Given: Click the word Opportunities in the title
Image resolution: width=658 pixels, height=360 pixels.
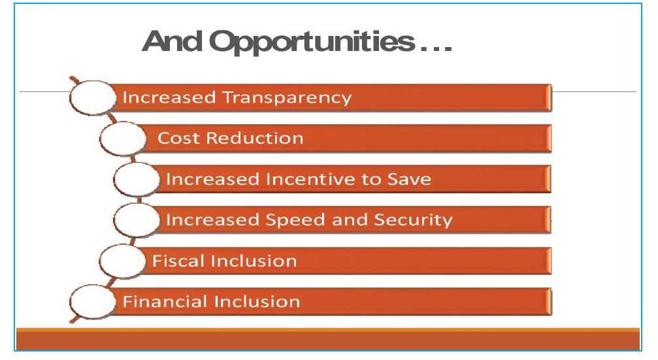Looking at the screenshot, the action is [x=312, y=42].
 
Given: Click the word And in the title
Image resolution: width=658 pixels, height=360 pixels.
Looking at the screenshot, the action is [x=172, y=41].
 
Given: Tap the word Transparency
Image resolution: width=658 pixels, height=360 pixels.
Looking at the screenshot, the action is [x=287, y=98].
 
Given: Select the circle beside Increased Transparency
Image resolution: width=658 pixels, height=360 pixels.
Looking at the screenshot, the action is [x=92, y=97].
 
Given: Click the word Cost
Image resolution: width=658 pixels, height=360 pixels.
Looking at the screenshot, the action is [x=178, y=138].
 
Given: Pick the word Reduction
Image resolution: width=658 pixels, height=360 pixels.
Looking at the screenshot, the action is [x=255, y=138].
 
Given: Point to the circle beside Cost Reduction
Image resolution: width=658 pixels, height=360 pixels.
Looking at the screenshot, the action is [x=123, y=139].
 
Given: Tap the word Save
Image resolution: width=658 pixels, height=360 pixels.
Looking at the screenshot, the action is [x=409, y=179].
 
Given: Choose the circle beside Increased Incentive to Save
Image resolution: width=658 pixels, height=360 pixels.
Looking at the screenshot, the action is [x=137, y=179].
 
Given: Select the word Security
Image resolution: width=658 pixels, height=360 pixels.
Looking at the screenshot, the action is [x=414, y=220].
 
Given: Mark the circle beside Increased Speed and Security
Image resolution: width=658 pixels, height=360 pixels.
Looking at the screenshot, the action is [x=137, y=220].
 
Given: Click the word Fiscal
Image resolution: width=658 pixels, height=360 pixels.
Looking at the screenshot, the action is [x=178, y=261].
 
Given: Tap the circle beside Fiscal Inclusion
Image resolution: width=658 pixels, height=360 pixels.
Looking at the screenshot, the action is [x=122, y=261].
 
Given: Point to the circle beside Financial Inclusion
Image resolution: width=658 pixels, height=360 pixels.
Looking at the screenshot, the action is [x=92, y=302].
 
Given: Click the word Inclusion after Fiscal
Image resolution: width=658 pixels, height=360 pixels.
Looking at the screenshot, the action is [x=254, y=261].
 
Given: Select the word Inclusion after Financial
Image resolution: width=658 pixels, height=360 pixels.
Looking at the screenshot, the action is [x=257, y=301].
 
